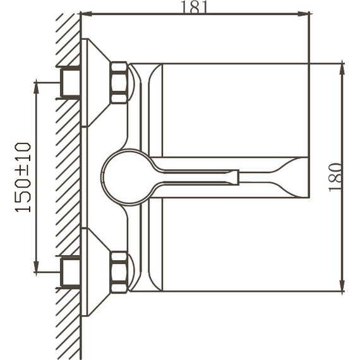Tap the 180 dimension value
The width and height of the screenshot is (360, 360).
336,177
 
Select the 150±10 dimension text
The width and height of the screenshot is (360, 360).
23,177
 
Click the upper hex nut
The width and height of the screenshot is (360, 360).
119,82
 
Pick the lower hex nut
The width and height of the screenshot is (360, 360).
119,272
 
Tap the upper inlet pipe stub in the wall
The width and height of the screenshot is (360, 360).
69,82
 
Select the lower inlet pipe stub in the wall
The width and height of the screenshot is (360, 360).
69,272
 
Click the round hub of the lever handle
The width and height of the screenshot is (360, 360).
126,177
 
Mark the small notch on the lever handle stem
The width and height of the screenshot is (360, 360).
237,177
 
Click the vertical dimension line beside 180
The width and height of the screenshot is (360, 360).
342,126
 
